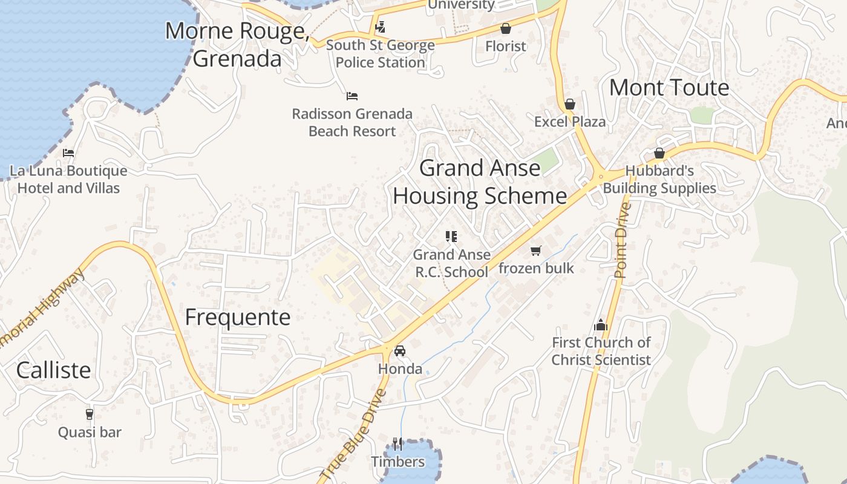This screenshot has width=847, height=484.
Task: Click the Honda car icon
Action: [399, 350]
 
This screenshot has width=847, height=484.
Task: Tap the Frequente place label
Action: [238, 317]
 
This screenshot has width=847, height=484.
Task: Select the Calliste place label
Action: [53, 370]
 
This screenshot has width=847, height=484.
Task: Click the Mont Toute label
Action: [669, 88]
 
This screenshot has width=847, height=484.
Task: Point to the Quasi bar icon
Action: [90, 414]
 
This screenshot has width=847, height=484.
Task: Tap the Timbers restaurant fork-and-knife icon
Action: [397, 444]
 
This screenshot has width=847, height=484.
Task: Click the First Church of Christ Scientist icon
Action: [600, 325]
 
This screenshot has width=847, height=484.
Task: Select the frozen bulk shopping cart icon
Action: [535, 250]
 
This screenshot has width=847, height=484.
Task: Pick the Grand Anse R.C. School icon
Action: [451, 237]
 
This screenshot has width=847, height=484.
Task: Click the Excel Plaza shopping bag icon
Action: [569, 104]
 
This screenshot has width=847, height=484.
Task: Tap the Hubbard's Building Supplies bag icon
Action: [659, 153]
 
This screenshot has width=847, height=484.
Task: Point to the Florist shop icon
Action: [506, 28]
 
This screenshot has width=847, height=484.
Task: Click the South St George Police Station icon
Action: [380, 27]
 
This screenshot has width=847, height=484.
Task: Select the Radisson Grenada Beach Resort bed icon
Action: [352, 96]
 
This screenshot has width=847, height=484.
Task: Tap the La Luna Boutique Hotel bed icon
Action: [68, 153]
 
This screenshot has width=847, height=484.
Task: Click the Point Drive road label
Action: [621, 241]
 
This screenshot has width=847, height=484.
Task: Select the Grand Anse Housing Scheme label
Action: [480, 181]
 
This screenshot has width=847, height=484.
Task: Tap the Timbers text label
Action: [397, 462]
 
